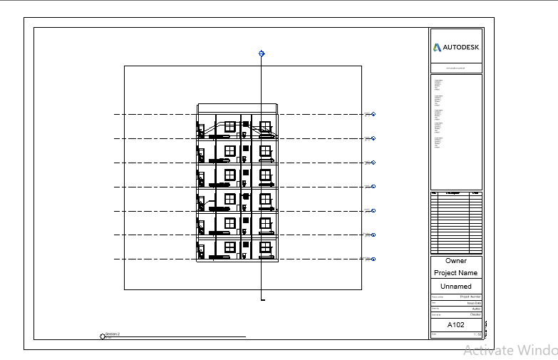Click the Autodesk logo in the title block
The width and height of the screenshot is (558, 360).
coord(456,48)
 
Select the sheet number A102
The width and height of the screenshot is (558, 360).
coord(455,325)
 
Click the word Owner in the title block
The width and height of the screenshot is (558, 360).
coord(456,261)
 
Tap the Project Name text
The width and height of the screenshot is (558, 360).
coord(456,273)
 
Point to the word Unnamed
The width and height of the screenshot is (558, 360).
coord(456,287)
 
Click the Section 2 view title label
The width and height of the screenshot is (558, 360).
coord(113,334)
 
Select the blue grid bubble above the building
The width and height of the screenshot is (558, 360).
coord(262,53)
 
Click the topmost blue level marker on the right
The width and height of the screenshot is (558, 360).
coord(373,114)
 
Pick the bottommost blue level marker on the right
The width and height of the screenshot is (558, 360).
coord(373,259)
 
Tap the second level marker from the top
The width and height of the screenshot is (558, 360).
coord(373,138)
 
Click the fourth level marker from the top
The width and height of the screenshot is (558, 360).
coord(373,187)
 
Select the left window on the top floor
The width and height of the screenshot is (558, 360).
coord(230,126)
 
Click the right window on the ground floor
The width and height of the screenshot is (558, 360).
coord(266,247)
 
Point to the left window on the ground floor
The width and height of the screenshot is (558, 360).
coord(230,247)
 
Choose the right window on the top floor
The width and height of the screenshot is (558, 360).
coord(266,126)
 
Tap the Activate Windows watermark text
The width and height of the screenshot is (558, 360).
coord(510,350)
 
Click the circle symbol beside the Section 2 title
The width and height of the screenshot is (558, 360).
coord(103,336)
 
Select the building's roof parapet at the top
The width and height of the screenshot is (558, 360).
coord(237,108)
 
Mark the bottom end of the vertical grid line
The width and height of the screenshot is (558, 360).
coord(262,300)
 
